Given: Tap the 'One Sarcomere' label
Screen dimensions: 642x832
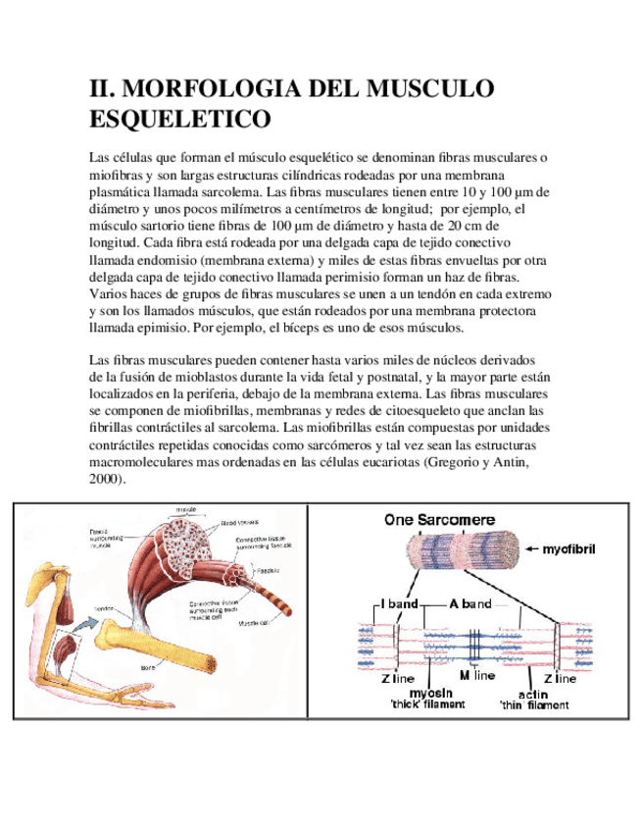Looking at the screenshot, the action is pyautogui.click(x=439, y=520).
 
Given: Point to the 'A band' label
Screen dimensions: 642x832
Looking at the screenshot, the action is pyautogui.click(x=469, y=604).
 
